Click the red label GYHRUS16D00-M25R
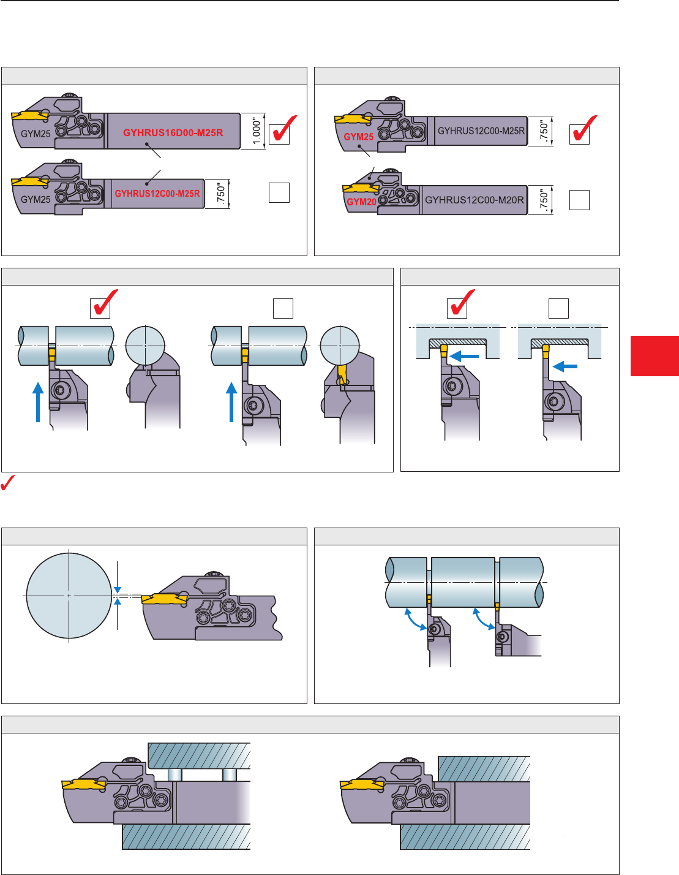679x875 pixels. [x=173, y=132]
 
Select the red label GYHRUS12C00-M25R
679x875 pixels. [x=157, y=194]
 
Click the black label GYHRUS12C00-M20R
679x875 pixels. [x=475, y=200]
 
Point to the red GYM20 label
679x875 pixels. [x=361, y=202]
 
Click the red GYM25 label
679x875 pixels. [x=358, y=137]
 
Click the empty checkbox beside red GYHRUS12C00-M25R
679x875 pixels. [x=279, y=193]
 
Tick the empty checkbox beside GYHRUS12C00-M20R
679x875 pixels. [x=579, y=200]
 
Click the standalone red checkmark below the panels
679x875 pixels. [x=8, y=483]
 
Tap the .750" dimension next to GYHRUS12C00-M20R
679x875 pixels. [x=544, y=200]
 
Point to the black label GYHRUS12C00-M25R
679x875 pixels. [x=481, y=131]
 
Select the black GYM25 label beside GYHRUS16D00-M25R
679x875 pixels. [x=36, y=134]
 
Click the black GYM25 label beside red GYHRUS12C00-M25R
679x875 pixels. [x=36, y=199]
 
